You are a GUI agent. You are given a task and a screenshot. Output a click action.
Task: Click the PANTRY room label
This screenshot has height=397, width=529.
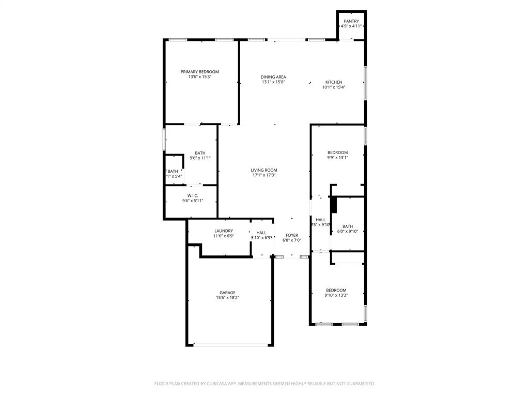point(351,21)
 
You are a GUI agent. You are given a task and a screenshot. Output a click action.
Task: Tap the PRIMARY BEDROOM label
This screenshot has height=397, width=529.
point(199,72)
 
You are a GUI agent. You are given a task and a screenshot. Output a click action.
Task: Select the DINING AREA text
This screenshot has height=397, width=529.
point(273,77)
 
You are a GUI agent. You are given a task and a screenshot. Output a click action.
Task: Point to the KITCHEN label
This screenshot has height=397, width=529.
point(333,82)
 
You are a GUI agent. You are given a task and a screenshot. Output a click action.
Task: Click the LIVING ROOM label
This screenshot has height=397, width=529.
point(264,170)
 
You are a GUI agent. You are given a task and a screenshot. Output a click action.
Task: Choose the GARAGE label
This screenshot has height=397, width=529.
point(227,293)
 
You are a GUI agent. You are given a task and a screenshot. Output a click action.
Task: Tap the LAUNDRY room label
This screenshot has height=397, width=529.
point(224,231)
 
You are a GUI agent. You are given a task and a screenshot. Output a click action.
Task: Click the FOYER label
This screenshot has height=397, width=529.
point(292,235)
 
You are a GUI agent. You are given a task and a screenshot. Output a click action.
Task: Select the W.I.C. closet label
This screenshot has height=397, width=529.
point(193,195)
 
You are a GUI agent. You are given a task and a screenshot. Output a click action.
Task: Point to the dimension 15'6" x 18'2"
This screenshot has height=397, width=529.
point(227,298)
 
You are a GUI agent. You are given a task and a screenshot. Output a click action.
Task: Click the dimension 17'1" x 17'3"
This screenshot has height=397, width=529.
point(264,175)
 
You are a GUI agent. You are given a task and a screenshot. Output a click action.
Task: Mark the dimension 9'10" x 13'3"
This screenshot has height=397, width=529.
point(336,296)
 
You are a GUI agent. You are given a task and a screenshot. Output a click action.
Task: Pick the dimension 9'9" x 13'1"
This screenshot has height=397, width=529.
point(337,158)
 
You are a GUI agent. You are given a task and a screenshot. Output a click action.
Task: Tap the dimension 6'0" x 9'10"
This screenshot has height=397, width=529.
point(348,231)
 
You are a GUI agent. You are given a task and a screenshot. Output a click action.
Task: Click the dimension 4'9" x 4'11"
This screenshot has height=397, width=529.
point(351,26)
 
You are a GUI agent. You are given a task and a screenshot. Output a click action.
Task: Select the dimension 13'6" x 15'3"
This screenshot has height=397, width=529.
point(199,77)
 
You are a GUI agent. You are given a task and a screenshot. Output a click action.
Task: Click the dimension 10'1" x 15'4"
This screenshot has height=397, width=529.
point(333,87)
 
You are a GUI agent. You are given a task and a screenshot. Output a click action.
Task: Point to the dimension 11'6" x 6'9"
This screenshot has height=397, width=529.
point(224,236)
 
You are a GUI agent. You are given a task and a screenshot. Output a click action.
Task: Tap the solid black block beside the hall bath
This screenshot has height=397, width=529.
point(333,205)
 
